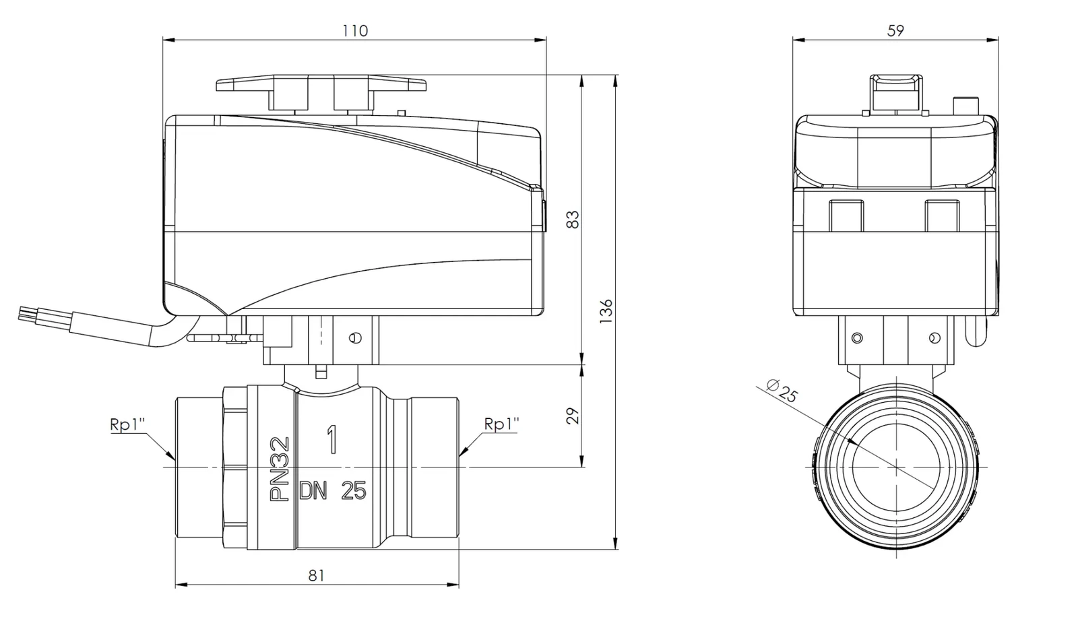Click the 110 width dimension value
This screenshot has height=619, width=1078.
point(355,31)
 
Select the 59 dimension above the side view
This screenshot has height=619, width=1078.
point(895,31)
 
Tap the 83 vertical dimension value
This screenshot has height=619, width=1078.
point(573,220)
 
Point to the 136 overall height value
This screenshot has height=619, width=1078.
point(606,313)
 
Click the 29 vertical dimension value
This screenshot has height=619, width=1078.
point(573,416)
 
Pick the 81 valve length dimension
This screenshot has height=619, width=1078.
point(317,575)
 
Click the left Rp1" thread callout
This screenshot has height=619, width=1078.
point(127,424)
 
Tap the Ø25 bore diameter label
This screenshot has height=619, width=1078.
point(783,390)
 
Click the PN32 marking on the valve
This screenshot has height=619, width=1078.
point(280,469)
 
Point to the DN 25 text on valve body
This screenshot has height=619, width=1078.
point(333,491)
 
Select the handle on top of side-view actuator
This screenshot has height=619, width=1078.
point(895,92)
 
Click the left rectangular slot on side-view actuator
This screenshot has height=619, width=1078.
point(846,216)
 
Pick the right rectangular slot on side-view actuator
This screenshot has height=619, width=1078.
point(943,216)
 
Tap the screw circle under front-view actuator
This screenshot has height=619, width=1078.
point(356,337)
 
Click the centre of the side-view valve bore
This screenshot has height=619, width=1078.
point(896,466)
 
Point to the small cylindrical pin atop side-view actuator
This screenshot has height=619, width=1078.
point(965,106)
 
